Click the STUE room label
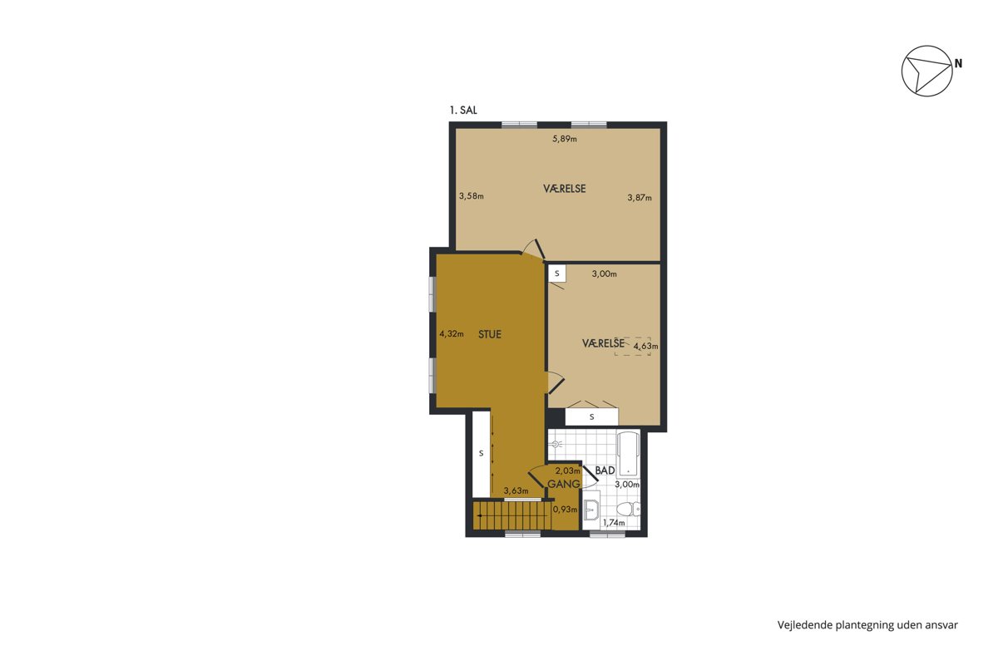(490, 334)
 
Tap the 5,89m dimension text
(565, 139)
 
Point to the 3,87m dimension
(640, 197)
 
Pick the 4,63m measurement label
(645, 346)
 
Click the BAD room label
(605, 470)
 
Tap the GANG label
(564, 484)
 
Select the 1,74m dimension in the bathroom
(614, 523)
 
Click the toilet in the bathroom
(629, 509)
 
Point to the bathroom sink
(591, 510)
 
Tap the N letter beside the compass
(958, 64)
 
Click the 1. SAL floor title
(463, 111)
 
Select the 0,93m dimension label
(565, 509)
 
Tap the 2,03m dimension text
(567, 470)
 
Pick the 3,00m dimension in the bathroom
(627, 485)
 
